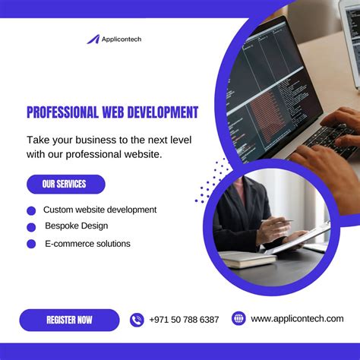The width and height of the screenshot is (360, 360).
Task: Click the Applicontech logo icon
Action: click(x=93, y=39)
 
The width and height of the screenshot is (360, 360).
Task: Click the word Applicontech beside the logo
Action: click(x=122, y=39)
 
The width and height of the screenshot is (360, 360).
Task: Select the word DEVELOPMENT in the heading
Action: click(x=164, y=112)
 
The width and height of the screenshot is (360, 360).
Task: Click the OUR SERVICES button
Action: click(x=65, y=184)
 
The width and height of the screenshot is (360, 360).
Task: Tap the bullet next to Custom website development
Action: click(x=31, y=210)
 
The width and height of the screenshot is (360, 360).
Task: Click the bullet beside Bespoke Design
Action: click(x=31, y=227)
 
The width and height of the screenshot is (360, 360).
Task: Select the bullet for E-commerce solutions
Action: click(x=31, y=244)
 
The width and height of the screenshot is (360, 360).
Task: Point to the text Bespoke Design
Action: click(x=76, y=226)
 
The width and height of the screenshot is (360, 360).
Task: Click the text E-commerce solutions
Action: click(x=87, y=244)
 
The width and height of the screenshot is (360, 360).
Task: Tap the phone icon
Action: click(x=137, y=320)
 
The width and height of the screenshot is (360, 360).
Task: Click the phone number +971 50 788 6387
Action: click(x=184, y=320)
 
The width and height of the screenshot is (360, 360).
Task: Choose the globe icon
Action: click(x=238, y=319)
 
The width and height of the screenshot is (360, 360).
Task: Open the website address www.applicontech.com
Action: click(x=297, y=319)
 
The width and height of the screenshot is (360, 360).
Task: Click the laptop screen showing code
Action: click(x=266, y=91)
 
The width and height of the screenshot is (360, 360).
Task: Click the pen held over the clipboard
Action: click(x=278, y=221)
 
